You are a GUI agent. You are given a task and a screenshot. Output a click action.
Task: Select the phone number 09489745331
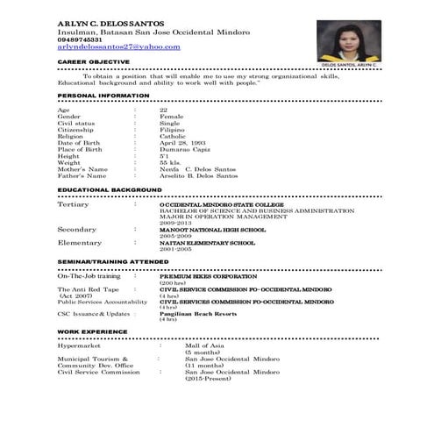(x=82, y=39)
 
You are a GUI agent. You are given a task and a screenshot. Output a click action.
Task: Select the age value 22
(x=163, y=109)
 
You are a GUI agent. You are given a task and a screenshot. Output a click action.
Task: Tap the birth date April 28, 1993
(x=182, y=142)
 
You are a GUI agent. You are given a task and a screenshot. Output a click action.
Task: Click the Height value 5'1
(x=164, y=155)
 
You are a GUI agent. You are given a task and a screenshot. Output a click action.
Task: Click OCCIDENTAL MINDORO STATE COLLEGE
(x=220, y=203)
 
